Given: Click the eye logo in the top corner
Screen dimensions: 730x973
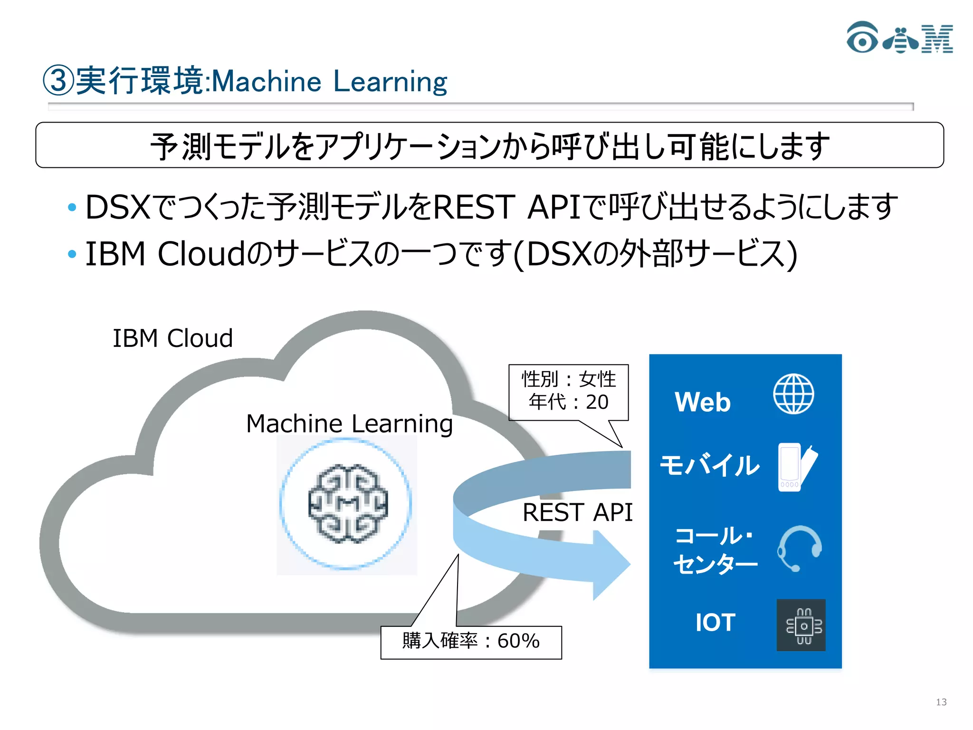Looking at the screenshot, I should tap(862, 38).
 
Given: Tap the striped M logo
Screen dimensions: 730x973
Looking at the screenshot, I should tap(937, 39).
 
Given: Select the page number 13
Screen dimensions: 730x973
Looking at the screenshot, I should tap(941, 702).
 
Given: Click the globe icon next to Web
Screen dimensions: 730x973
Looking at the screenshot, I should tap(793, 394).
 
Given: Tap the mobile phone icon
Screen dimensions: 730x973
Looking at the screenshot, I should tap(797, 467).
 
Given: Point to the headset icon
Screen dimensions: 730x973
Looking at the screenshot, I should tap(800, 548).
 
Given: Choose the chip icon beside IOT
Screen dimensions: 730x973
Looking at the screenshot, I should tap(801, 625).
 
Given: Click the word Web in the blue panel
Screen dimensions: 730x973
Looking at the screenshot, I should tap(703, 402).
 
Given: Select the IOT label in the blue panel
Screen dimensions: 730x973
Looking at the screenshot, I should tap(715, 623).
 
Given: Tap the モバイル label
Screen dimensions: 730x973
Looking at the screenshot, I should tap(710, 465).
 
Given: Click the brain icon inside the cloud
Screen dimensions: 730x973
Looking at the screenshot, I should tap(348, 504).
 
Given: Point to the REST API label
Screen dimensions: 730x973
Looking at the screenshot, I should tap(577, 512).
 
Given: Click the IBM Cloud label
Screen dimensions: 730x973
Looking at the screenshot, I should tap(172, 338).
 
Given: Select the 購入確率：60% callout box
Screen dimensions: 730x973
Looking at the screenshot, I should tap(471, 642).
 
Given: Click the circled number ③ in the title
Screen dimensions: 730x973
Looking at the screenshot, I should tap(58, 81).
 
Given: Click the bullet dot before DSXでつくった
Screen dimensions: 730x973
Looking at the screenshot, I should tap(72, 207).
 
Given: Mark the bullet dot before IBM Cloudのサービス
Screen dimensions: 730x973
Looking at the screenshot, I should tap(72, 254).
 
